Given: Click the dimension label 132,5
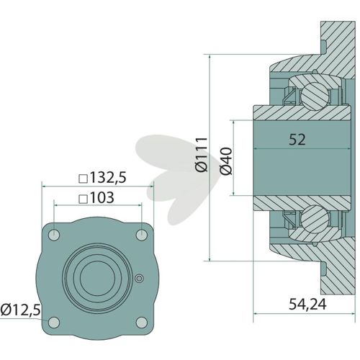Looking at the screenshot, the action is (108, 178).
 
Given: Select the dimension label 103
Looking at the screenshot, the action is (102, 198).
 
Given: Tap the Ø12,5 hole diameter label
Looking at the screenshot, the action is (20, 310).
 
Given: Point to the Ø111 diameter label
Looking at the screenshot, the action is (201, 155).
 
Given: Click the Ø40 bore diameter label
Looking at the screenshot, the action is (226, 161).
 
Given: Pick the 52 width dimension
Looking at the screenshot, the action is (297, 140).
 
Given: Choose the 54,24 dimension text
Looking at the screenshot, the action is (307, 305).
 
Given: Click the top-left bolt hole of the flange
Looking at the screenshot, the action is (54, 235).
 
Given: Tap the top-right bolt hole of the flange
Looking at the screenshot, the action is (142, 235).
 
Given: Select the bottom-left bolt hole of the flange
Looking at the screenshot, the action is (54, 323).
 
